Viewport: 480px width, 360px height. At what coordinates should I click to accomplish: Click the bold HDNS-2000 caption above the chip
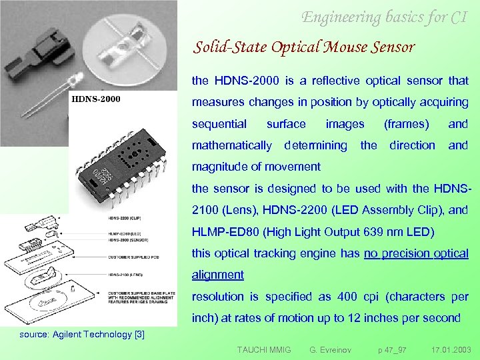(x=96, y=100)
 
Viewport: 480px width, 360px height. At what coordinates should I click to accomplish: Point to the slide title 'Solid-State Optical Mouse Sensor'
(x=304, y=47)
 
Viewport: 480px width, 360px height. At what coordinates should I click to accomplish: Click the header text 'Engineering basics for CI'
(x=384, y=17)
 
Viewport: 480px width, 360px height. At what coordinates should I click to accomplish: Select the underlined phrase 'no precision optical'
(x=416, y=253)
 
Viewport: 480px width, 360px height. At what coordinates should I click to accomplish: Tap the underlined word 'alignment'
(x=218, y=275)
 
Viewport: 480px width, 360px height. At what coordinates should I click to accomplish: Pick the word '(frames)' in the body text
(x=407, y=123)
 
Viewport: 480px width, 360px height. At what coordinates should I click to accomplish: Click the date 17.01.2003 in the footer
(x=450, y=349)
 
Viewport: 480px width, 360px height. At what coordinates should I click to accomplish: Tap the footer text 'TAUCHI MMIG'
(x=264, y=349)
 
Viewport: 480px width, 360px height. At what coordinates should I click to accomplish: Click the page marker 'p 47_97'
(x=391, y=349)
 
